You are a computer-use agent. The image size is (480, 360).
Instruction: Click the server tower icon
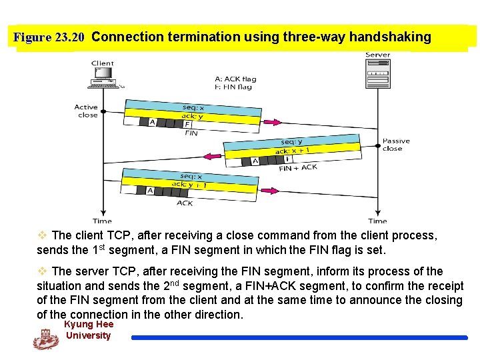[377, 70]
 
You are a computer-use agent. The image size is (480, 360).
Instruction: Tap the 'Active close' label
[87, 111]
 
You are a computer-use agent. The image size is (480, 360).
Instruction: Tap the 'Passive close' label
[396, 145]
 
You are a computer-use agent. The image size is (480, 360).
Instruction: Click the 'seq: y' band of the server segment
[291, 141]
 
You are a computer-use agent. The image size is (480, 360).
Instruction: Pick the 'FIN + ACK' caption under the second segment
[298, 168]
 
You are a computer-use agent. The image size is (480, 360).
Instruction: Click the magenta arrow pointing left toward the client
[213, 157]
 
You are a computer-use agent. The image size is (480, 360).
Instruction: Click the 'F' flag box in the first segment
[187, 124]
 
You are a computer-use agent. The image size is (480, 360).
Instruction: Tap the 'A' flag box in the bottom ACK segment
[150, 191]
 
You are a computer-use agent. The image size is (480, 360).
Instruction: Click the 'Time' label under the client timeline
[102, 221]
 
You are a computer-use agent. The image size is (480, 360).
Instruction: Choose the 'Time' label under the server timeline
[377, 221]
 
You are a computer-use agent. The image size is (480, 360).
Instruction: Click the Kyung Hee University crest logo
[46, 339]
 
